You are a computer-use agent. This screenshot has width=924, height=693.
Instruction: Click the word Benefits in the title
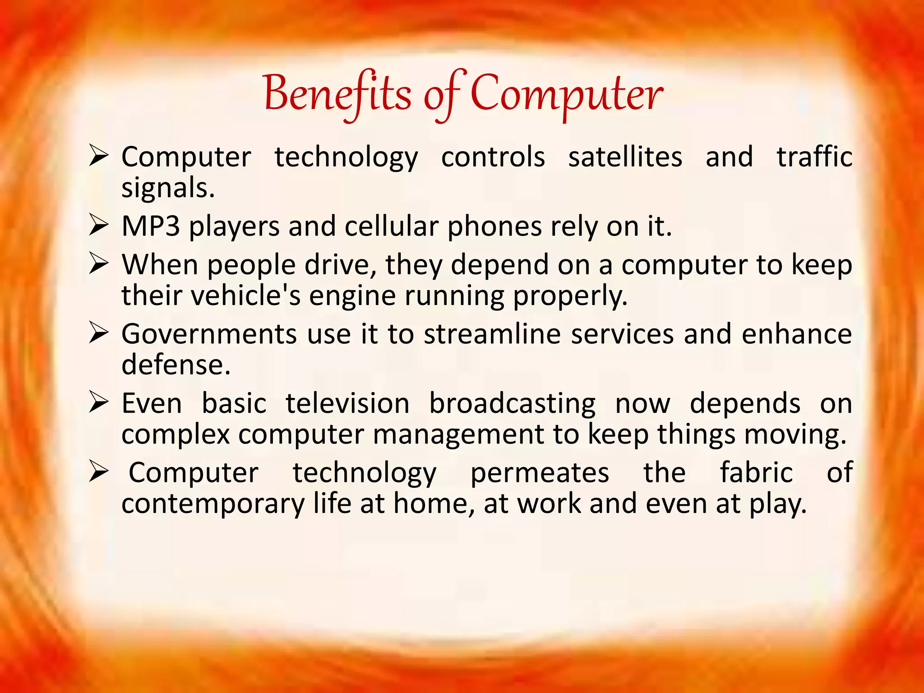(x=337, y=93)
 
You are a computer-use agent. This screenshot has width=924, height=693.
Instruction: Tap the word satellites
(x=625, y=157)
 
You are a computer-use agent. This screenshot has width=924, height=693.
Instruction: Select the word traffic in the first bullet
(x=814, y=157)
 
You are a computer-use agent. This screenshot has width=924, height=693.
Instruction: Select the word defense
(x=176, y=365)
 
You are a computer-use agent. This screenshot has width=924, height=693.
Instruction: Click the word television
(x=347, y=403)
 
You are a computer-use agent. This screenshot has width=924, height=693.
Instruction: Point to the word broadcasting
(x=512, y=404)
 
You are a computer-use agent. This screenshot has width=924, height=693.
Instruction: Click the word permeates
(x=540, y=472)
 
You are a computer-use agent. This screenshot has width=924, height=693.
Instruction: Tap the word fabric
(x=756, y=472)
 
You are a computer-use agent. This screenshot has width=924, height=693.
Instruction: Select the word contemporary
(x=213, y=504)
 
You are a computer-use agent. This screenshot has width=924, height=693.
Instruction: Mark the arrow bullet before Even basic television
(x=98, y=402)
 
